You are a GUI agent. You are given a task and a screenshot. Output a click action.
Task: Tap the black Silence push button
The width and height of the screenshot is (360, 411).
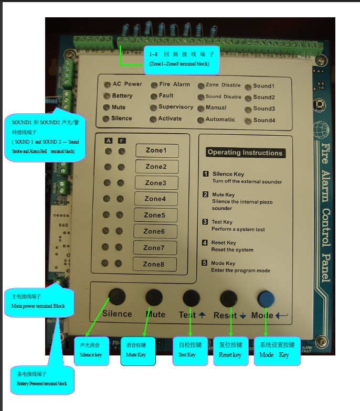tap(117, 297)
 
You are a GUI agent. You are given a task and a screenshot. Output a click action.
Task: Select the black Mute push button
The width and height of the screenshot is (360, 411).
tap(154, 297)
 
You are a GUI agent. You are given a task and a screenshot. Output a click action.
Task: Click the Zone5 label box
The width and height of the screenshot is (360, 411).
tap(155, 215)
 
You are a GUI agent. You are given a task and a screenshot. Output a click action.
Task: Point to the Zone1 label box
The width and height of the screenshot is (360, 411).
tap(157, 150)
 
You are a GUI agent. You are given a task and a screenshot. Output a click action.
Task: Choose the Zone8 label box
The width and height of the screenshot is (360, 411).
tap(154, 264)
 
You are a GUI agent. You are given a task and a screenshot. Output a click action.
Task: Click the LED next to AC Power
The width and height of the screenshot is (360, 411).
tap(107, 84)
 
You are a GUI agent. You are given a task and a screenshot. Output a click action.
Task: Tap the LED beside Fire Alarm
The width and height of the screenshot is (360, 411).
tap(154, 85)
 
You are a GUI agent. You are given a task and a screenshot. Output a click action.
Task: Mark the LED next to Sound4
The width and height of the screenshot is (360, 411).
tap(247, 121)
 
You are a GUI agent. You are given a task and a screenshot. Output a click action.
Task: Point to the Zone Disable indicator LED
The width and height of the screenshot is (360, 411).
tap(201, 85)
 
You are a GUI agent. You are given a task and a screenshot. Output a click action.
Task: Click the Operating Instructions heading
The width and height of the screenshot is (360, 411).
tap(245, 153)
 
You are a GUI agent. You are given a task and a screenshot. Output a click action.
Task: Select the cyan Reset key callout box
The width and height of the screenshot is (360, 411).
tap(230, 351)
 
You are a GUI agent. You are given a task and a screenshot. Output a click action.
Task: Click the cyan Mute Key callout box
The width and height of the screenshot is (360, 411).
tap(138, 351)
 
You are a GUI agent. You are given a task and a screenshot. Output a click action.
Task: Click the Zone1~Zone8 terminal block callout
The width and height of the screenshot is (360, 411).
tap(181, 59)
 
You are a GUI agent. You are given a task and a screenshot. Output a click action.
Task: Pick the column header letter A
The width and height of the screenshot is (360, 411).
tap(108, 140)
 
